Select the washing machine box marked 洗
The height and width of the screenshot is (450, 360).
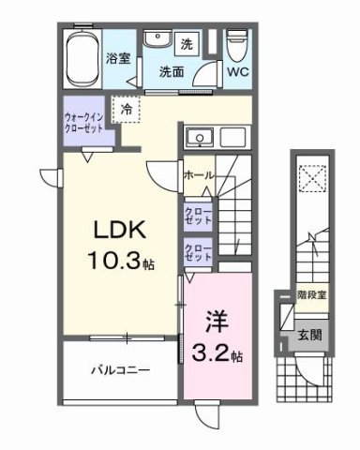pos(187,43)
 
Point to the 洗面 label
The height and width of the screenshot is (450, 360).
pos(171,72)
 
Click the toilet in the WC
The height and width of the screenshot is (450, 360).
pos(235,43)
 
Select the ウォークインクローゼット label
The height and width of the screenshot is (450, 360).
pos(85,119)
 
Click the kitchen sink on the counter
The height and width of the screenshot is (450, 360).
pos(199,140)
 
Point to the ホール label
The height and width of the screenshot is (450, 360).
pos(198,175)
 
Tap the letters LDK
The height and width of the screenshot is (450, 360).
pos(114,229)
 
